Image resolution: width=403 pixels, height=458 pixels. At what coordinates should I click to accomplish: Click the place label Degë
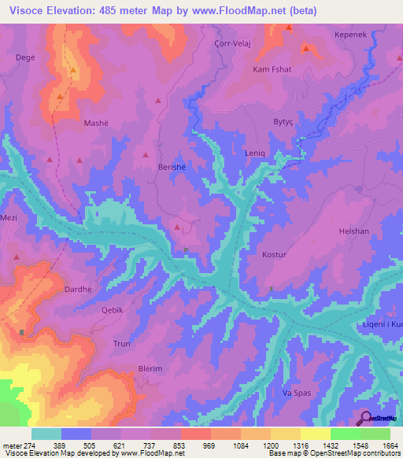click(x=26, y=57)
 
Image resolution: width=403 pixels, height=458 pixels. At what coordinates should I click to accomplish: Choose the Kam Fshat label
click(x=269, y=69)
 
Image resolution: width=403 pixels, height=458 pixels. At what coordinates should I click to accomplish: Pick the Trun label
click(x=122, y=344)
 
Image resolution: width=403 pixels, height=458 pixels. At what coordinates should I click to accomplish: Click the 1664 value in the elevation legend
click(x=390, y=445)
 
